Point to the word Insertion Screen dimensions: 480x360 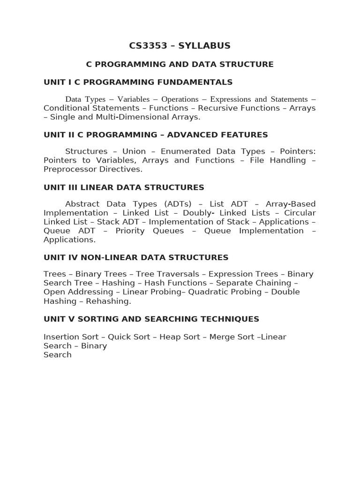(61, 337)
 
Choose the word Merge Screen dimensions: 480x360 (222, 337)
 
